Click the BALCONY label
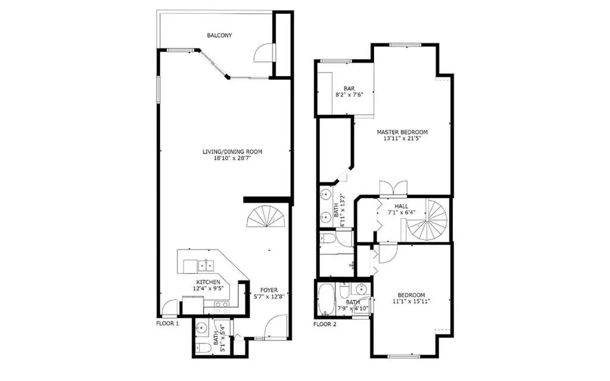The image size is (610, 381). point(219,35)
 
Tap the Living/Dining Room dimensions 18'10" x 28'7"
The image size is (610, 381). point(232,158)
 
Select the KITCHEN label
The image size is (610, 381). point(208,282)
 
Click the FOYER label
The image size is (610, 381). point(269,290)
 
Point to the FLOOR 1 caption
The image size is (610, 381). point(167,323)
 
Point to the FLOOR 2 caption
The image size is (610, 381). point(325,324)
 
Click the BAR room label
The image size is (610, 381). point(349,89)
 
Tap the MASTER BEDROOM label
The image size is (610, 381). point(402,132)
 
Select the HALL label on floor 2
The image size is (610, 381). point(402,206)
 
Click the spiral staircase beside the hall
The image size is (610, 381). point(427,221)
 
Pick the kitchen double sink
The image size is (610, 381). point(206,266)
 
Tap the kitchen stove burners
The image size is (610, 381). point(222,308)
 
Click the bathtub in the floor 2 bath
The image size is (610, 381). point(325,299)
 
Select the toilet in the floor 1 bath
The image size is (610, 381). point(203,347)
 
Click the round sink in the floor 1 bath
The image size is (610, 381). point(202,329)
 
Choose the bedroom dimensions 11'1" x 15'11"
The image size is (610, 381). point(411,301)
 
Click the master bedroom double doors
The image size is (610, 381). point(394,188)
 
